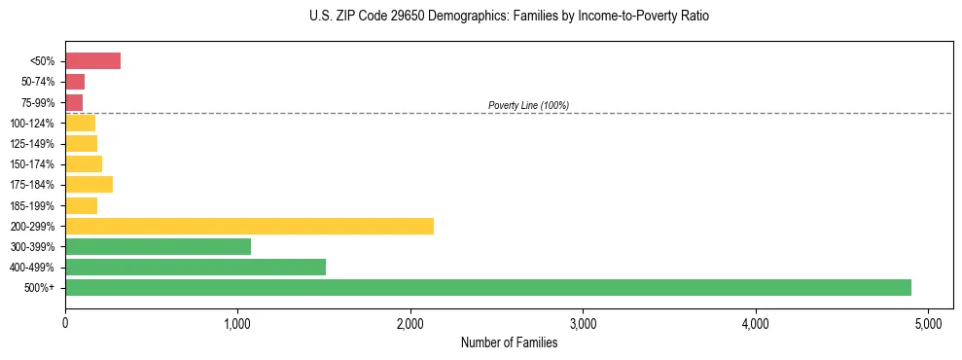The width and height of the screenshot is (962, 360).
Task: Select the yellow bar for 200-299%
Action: [249, 227]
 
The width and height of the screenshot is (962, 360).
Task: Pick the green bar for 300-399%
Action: [158, 247]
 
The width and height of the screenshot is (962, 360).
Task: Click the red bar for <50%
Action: [92, 61]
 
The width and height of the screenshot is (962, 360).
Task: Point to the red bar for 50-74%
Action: [75, 82]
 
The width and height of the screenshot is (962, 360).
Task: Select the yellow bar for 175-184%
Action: [89, 185]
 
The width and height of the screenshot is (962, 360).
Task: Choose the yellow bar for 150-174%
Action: [84, 164]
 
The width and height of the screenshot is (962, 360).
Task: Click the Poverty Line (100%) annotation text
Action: [528, 105]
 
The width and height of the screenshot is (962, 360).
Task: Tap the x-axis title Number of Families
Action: [509, 342]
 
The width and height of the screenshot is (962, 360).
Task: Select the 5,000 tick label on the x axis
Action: [928, 322]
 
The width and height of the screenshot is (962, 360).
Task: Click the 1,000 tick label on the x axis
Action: [237, 322]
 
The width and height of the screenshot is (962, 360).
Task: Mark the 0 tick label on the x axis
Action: [65, 322]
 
